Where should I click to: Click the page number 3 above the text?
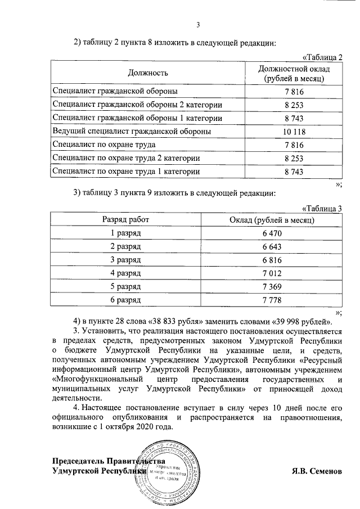coord(197,24)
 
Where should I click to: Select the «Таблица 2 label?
coord(322,57)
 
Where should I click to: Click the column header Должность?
coord(148,73)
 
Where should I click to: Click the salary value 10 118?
coord(294,132)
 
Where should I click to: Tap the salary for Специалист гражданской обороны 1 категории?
coord(294,118)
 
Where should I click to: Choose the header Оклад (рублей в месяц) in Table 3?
coord(272,219)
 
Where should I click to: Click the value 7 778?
coord(272,300)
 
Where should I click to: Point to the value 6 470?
coord(272,233)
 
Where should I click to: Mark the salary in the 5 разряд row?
coord(272,287)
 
